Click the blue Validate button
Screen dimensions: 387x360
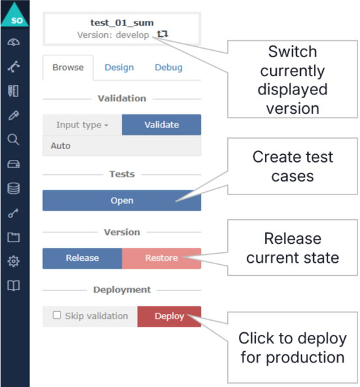coord(161,125)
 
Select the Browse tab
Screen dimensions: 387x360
coord(68,68)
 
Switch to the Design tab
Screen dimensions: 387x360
coord(119,68)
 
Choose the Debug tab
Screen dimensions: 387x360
coord(168,68)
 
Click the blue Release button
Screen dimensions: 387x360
coord(82,258)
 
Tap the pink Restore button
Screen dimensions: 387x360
coord(161,258)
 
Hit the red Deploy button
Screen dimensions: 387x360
coord(169,316)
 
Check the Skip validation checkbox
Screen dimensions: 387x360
coord(57,315)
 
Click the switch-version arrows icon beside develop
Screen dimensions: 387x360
coord(162,34)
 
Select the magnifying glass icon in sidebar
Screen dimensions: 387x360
coord(14,139)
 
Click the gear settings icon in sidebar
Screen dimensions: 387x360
coord(14,261)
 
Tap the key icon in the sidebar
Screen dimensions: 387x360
coord(14,213)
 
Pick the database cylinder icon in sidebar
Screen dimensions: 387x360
coord(14,189)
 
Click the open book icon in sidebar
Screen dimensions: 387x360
coord(14,286)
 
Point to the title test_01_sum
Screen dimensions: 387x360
coord(122,23)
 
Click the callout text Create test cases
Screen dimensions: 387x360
coord(292,167)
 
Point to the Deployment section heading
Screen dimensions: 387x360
coord(122,289)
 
